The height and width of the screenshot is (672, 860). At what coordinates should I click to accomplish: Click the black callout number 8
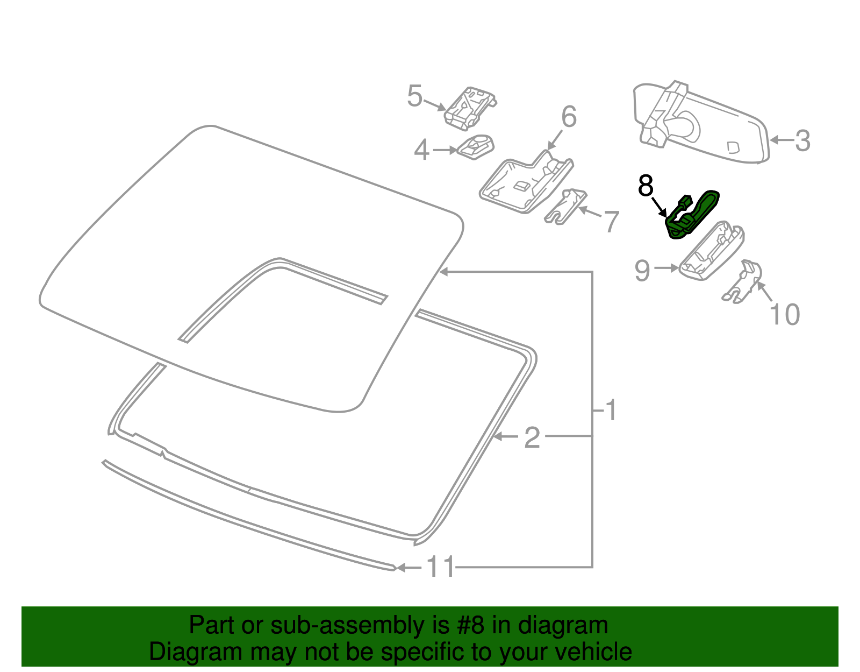click(645, 186)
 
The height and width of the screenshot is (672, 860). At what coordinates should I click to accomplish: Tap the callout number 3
click(802, 141)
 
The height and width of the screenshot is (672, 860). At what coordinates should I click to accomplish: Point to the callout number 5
click(414, 96)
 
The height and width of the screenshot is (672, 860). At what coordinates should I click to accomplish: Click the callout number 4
click(421, 150)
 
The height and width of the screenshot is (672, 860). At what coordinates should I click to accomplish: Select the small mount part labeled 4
click(476, 146)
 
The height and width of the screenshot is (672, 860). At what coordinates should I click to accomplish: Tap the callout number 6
click(569, 117)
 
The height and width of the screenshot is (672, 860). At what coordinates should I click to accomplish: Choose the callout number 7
click(612, 221)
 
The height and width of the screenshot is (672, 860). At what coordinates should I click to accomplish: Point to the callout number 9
click(642, 271)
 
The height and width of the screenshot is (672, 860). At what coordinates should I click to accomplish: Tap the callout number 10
click(785, 315)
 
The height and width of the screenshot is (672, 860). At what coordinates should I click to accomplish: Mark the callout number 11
click(441, 567)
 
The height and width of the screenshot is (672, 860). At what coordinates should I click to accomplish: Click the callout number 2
click(532, 437)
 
